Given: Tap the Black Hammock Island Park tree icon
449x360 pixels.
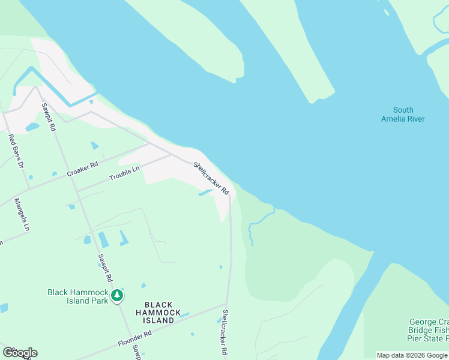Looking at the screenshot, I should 116,295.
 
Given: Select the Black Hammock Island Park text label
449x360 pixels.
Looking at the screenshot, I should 77,296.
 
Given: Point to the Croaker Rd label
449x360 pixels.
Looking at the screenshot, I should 82,169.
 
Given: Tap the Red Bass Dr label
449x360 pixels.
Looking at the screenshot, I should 15,151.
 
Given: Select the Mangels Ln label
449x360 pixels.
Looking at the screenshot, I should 21,214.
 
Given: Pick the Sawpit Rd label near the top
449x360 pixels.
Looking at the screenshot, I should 49,117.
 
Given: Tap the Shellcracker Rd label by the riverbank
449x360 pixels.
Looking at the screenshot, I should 211,178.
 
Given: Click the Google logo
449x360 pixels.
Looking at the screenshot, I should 20,353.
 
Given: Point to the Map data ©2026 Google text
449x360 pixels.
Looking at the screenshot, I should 412,355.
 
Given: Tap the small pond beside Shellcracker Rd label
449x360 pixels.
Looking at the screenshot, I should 205,193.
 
